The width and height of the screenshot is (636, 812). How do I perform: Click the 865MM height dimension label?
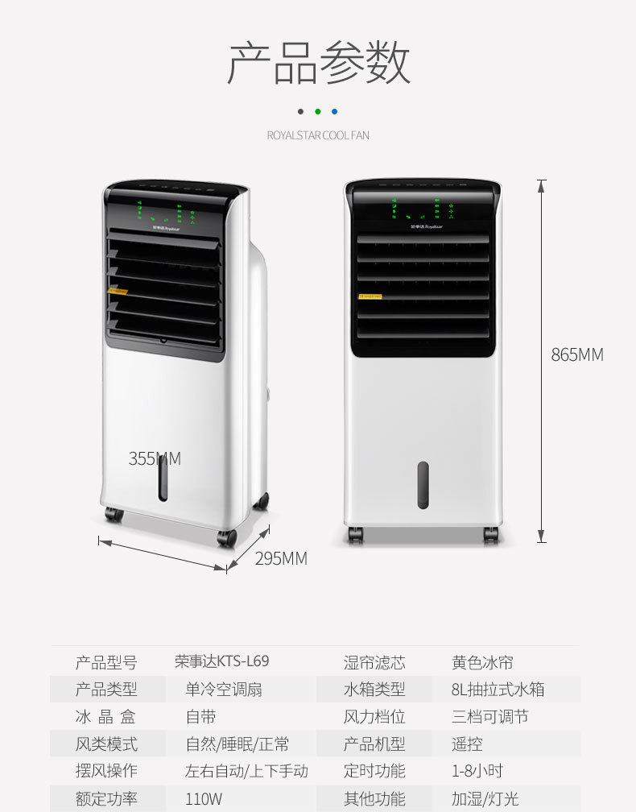[x=576, y=354]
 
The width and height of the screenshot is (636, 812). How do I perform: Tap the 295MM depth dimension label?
[x=281, y=558]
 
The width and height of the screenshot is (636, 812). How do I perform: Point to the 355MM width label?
[x=155, y=459]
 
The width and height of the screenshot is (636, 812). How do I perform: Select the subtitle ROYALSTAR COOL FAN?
[x=318, y=135]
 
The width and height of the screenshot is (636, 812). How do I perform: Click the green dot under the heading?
[x=318, y=112]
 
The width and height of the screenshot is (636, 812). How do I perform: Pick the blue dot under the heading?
[x=335, y=112]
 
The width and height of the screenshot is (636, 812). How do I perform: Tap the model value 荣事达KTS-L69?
[x=221, y=661]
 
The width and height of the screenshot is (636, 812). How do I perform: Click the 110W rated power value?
[x=204, y=799]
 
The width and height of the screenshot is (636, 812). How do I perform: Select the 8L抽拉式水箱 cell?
[x=498, y=690]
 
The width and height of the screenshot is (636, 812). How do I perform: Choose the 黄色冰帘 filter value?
[x=482, y=662]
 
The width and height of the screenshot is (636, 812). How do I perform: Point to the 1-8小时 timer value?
[x=477, y=771]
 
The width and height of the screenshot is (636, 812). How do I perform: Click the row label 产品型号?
[x=106, y=662]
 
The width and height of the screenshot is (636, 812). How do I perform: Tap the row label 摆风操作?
[x=106, y=771]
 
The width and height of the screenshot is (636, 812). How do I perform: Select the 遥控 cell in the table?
[x=467, y=744]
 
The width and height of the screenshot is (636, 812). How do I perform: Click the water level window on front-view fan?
[x=423, y=485]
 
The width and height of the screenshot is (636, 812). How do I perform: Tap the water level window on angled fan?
[x=163, y=478]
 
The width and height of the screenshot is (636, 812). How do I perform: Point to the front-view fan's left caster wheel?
[x=355, y=534]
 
